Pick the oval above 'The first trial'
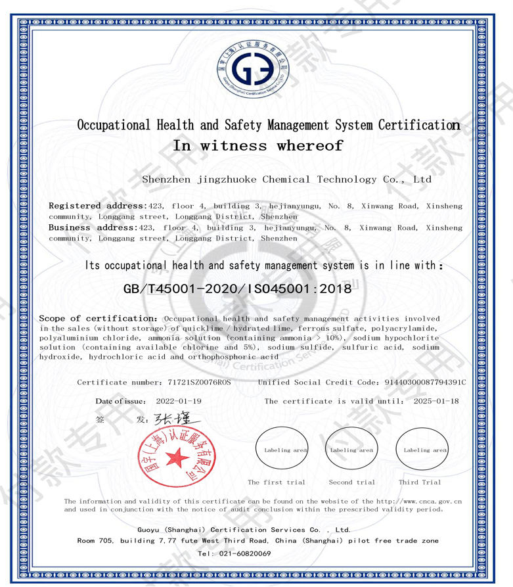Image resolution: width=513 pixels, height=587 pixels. coord(282,450)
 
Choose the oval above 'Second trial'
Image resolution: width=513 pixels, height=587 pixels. coord(351,450)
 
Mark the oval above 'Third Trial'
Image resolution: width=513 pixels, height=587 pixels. coord(422,450)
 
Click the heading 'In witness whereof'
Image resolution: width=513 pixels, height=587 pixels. coord(257,146)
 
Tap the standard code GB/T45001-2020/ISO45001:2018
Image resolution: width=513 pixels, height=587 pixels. coord(237,287)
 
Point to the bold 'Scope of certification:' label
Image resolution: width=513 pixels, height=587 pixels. coord(98,318)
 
